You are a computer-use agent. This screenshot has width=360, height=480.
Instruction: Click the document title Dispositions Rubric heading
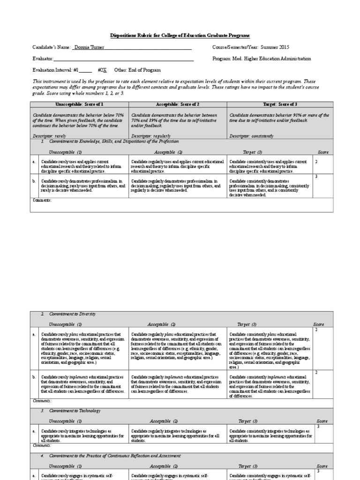click(180, 36)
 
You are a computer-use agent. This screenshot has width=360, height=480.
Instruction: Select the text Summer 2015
click(276, 47)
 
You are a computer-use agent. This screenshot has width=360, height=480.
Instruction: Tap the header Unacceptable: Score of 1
click(79, 104)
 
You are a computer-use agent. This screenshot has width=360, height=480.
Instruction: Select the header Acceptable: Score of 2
click(178, 104)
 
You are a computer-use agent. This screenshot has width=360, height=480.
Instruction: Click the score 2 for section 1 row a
click(316, 161)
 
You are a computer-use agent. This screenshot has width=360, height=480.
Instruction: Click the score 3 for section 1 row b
click(316, 176)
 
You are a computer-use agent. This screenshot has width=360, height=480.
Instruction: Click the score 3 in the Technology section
click(318, 426)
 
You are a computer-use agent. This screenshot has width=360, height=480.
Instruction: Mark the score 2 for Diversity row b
click(316, 372)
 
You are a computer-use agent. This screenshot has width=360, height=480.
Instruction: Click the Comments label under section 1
click(42, 200)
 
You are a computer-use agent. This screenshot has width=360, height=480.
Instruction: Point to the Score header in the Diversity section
click(318, 324)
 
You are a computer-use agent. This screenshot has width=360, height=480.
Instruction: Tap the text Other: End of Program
click(138, 70)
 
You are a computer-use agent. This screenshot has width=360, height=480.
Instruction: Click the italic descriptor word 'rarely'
click(59, 135)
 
